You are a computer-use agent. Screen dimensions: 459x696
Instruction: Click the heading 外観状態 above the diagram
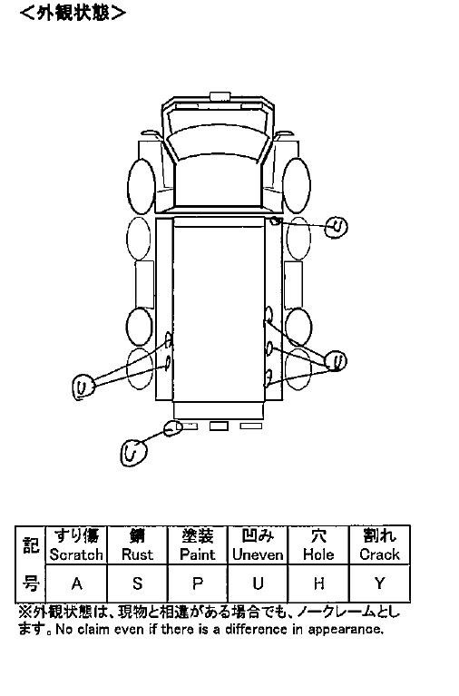(x=73, y=13)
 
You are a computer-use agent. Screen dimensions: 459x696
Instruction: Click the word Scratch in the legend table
(x=76, y=554)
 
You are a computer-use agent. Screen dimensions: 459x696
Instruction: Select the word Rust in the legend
(x=137, y=554)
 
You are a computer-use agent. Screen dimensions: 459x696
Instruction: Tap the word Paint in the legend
(x=198, y=554)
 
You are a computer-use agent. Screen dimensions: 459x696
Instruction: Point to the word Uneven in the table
(x=258, y=554)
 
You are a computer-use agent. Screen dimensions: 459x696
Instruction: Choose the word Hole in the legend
(x=318, y=554)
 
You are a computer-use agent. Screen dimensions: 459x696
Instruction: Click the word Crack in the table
(x=379, y=554)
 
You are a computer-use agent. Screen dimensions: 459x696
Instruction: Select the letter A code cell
(x=77, y=583)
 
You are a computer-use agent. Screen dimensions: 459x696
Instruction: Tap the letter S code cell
(x=137, y=583)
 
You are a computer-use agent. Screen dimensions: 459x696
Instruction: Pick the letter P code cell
(x=198, y=583)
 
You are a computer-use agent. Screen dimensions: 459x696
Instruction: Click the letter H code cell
(x=318, y=583)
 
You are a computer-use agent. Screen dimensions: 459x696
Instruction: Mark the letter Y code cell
(x=379, y=583)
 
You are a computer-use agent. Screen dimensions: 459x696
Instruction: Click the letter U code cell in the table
(x=258, y=583)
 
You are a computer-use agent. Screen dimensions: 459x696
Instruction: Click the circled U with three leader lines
(x=336, y=361)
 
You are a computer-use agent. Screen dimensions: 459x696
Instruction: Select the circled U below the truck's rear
(x=133, y=453)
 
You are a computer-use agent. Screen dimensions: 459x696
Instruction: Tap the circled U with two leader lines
(x=83, y=387)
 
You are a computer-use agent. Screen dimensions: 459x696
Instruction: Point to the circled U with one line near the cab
(x=336, y=228)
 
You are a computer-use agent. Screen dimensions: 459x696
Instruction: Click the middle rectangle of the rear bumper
(x=219, y=426)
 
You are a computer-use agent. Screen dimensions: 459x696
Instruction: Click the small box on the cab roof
(x=220, y=97)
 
